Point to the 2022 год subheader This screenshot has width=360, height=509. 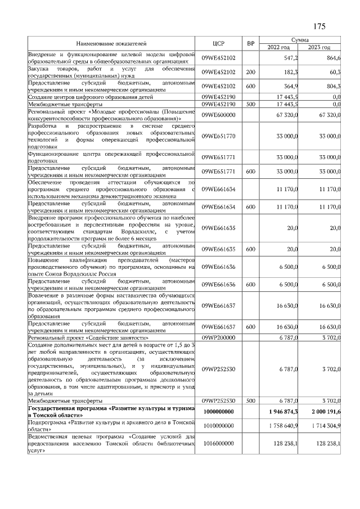(x=280, y=47)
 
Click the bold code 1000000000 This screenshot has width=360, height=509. (x=218, y=412)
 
